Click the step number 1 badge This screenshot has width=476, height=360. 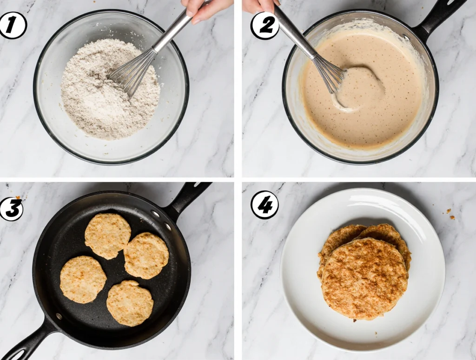12,26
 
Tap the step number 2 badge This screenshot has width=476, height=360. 264,26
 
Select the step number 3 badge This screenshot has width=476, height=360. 11,208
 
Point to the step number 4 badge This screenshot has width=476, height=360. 264,205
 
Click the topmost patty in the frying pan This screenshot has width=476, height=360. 107,236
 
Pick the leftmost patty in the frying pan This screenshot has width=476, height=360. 83,280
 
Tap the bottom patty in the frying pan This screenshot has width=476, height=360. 130,303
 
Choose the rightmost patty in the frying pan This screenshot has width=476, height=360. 146,255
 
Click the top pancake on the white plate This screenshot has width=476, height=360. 364,279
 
